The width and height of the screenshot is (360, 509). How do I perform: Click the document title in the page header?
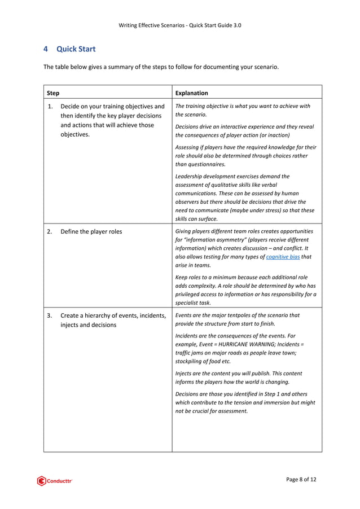click(181, 25)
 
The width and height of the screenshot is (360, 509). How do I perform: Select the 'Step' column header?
click(54, 93)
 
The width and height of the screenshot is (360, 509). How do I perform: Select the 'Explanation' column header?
click(191, 93)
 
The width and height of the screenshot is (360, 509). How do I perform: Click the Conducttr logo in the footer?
click(55, 481)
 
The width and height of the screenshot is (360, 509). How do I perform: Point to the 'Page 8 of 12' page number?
click(301, 480)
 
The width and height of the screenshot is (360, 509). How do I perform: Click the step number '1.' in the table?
click(51, 106)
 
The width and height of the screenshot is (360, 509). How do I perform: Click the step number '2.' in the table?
click(51, 232)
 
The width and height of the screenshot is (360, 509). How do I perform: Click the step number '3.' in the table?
click(51, 315)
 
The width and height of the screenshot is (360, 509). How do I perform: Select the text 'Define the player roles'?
click(91, 232)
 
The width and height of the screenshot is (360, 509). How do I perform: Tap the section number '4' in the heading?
click(46, 49)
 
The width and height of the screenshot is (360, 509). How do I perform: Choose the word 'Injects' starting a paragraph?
click(185, 374)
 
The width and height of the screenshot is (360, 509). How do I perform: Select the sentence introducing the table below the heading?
click(161, 67)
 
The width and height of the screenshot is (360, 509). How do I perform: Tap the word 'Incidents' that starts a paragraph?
click(188, 335)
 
